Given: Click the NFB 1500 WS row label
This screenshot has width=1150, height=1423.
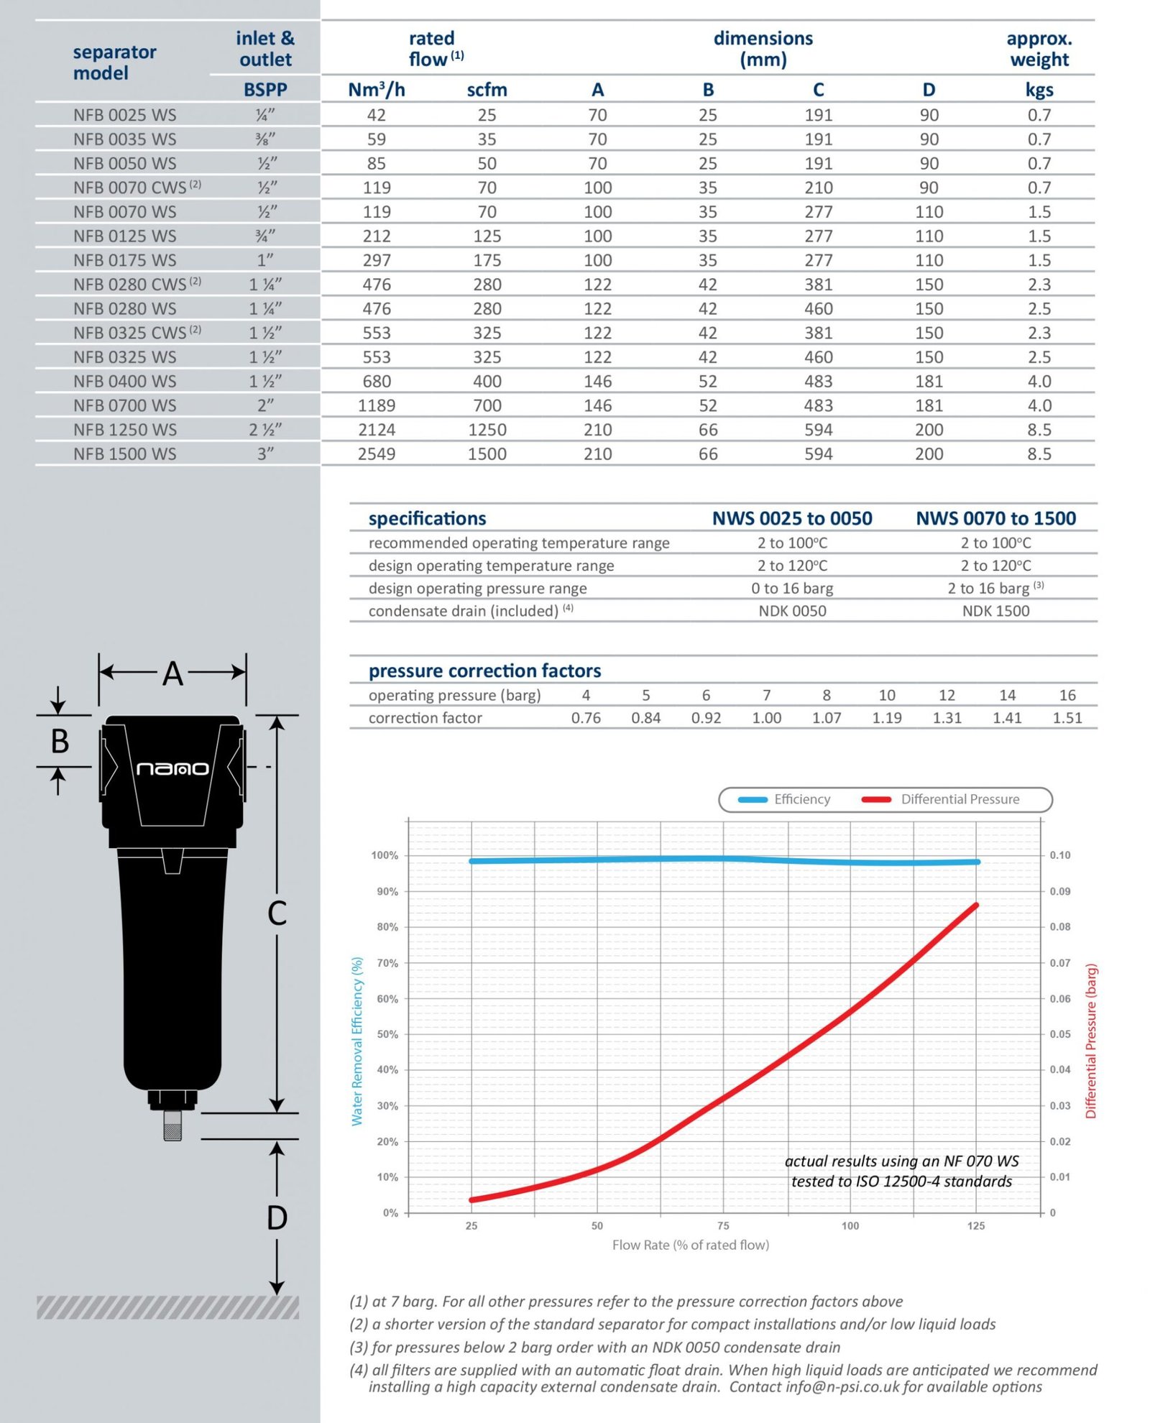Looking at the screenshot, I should [124, 453].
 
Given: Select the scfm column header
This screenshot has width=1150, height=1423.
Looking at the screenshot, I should [487, 90].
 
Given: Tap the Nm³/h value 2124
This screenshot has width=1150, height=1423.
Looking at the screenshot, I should [376, 430].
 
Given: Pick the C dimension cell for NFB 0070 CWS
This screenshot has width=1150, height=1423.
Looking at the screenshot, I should [818, 188].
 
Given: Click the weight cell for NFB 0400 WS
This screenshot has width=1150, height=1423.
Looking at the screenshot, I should [1039, 381].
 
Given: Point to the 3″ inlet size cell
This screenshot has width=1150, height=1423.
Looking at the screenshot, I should [265, 453].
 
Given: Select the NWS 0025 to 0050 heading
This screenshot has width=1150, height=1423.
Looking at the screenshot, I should [791, 518].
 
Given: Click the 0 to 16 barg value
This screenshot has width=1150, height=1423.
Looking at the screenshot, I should [791, 588].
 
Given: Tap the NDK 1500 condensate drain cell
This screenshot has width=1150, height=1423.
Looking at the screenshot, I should [995, 611].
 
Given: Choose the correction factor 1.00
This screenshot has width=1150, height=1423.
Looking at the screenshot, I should [766, 717].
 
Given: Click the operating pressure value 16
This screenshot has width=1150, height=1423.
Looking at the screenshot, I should [1067, 695].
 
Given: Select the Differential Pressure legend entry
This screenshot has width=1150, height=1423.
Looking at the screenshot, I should [942, 799].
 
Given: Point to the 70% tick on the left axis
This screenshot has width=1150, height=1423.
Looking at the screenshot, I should [387, 963].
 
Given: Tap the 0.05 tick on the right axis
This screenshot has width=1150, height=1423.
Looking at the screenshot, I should [1059, 1034].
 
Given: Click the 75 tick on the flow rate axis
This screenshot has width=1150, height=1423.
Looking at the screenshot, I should [723, 1225].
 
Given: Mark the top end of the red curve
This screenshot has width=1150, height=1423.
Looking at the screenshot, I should [975, 906].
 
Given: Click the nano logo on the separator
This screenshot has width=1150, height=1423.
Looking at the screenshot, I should [172, 768].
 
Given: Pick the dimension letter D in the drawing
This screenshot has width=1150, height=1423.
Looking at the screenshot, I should [277, 1218].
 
